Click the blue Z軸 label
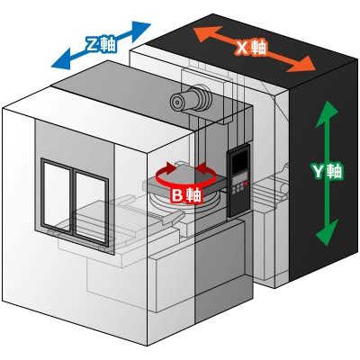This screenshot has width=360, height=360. pyautogui.click(x=101, y=45)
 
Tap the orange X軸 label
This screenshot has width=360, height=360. pyautogui.click(x=251, y=48)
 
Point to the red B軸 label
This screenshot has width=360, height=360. pyautogui.click(x=186, y=196)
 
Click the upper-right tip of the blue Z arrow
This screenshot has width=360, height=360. pyautogui.click(x=149, y=23)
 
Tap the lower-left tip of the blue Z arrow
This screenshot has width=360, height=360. pyautogui.click(x=51, y=67)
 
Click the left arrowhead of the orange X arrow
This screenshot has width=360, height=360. pyautogui.click(x=194, y=29)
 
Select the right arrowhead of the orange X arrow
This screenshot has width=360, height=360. pyautogui.click(x=315, y=70)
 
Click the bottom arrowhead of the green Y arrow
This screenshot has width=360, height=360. pyautogui.click(x=326, y=245)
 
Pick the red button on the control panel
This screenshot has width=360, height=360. pyautogui.click(x=246, y=183)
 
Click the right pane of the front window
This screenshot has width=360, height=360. pyautogui.click(x=90, y=208)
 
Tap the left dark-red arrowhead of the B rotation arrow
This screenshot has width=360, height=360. pyautogui.click(x=170, y=166)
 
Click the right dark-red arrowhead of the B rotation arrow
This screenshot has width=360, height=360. pyautogui.click(x=202, y=167)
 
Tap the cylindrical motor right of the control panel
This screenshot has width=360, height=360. pyautogui.click(x=283, y=188)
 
